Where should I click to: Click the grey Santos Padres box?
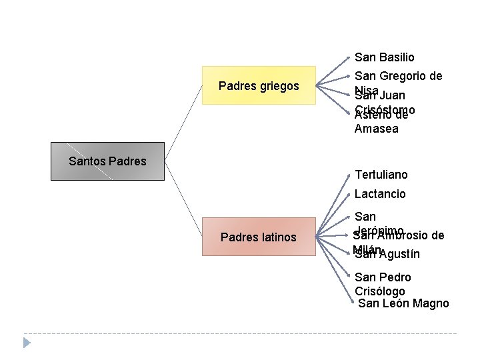point(107,161)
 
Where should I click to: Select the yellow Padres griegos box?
point(259,85)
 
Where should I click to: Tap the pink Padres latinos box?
point(259,237)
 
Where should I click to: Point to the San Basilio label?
point(384,58)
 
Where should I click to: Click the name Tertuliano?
point(381,175)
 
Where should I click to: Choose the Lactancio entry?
point(380,194)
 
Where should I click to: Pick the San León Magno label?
point(403,303)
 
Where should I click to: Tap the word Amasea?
point(377,129)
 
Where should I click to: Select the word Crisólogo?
point(380,291)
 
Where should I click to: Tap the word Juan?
point(393,96)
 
